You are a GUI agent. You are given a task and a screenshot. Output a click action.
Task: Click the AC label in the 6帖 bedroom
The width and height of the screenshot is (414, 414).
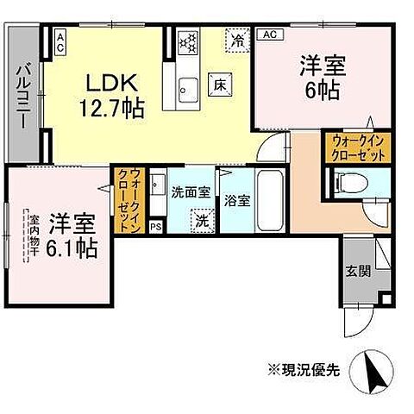[268, 35]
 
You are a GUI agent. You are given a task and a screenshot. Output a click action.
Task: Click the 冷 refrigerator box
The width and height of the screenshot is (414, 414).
[236, 39]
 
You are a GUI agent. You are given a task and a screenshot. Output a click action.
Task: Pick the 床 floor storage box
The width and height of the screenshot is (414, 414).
[220, 85]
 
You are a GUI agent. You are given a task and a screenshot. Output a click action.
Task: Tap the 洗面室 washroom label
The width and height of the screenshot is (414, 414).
[189, 192]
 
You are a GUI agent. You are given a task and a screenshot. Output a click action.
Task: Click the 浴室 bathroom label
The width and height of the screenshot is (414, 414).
[237, 201]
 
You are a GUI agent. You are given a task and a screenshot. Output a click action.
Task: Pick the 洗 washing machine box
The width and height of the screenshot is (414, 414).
[201, 219]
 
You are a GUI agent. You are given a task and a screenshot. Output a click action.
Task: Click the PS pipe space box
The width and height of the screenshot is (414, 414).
[155, 227]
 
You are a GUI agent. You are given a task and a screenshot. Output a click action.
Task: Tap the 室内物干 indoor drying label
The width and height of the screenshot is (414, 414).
[27, 233]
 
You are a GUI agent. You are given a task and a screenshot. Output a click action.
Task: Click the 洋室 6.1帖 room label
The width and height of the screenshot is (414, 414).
[72, 233]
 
